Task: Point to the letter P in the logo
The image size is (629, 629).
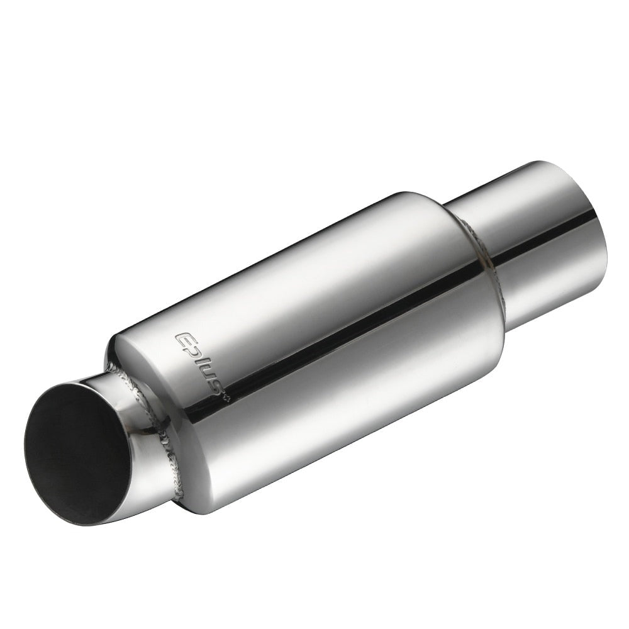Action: [191, 352]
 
